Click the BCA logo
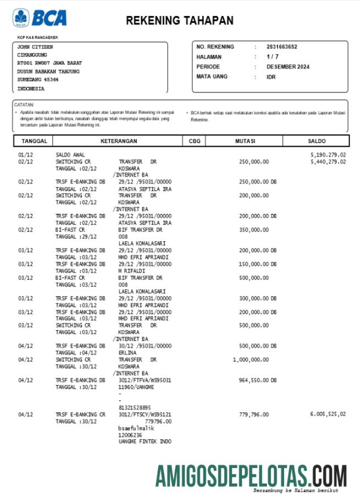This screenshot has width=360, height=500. click(x=40, y=18)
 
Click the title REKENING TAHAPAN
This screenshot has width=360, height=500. click(x=179, y=20)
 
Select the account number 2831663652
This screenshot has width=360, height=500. click(x=282, y=47)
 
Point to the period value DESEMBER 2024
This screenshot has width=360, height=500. click(x=288, y=67)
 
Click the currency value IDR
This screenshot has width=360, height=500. click(x=271, y=77)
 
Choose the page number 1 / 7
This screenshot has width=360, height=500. click(x=272, y=57)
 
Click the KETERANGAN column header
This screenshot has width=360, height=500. click(x=118, y=141)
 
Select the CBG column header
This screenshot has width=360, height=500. click(x=194, y=141)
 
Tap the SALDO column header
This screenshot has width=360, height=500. click(x=317, y=141)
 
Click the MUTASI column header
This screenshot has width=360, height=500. click(x=245, y=141)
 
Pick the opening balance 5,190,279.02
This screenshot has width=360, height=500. click(x=328, y=155)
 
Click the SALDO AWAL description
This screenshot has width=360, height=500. click(x=70, y=155)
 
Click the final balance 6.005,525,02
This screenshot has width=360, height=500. click(x=328, y=414)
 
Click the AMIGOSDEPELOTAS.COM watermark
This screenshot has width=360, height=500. click(x=250, y=476)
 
